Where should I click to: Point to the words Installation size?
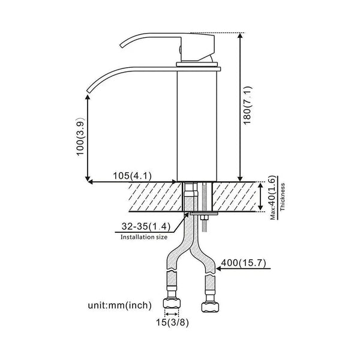(144, 238)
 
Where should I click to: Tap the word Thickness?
(283, 197)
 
